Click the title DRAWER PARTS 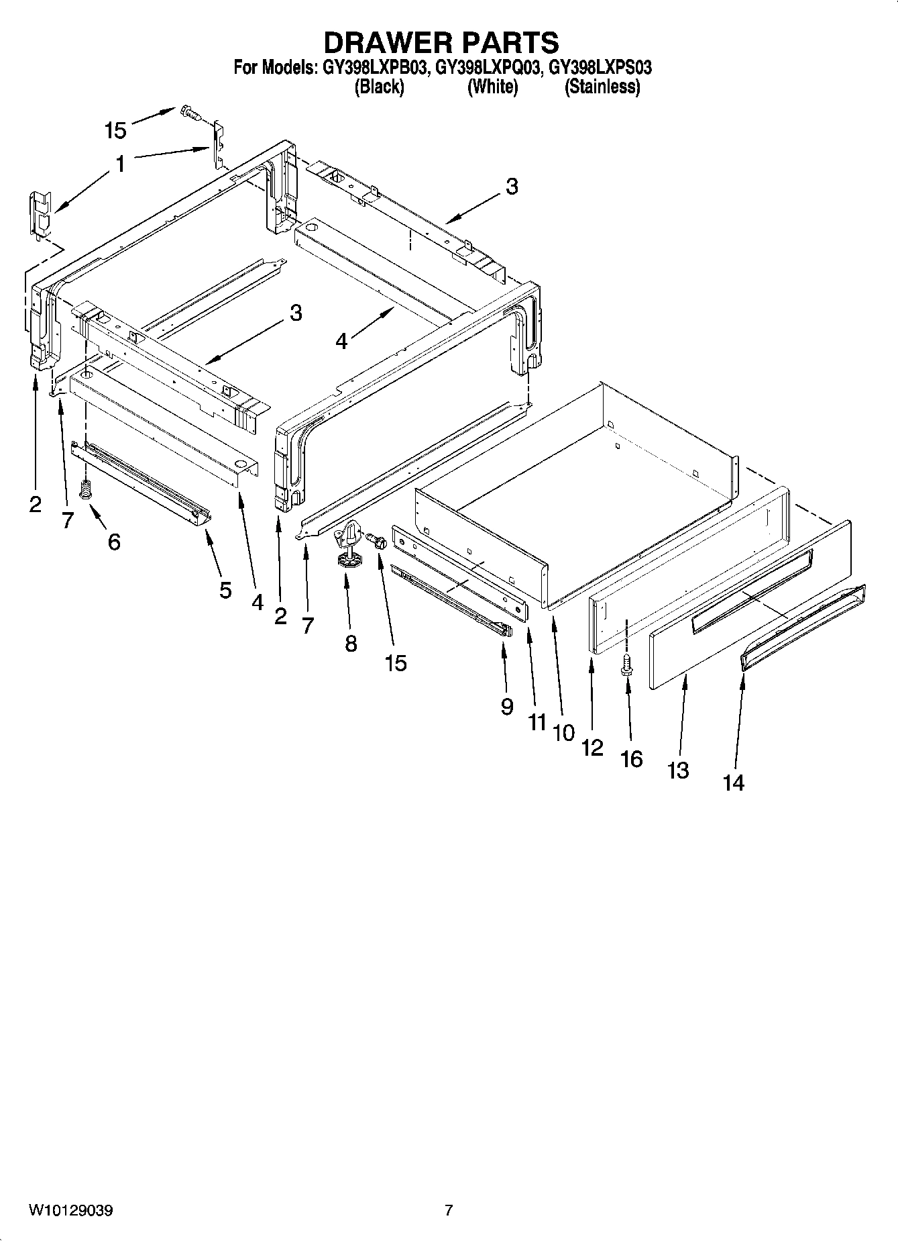tap(441, 42)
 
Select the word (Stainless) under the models tap(602, 87)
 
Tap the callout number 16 tap(632, 759)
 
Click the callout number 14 tap(734, 783)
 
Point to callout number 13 tap(678, 771)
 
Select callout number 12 tap(592, 747)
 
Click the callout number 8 tap(351, 644)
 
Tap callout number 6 tap(114, 542)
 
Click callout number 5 tap(225, 590)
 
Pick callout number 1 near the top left tap(120, 163)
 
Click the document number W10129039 tap(70, 1210)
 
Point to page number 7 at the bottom tap(449, 1210)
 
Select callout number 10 tap(564, 732)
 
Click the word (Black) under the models tap(379, 87)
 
